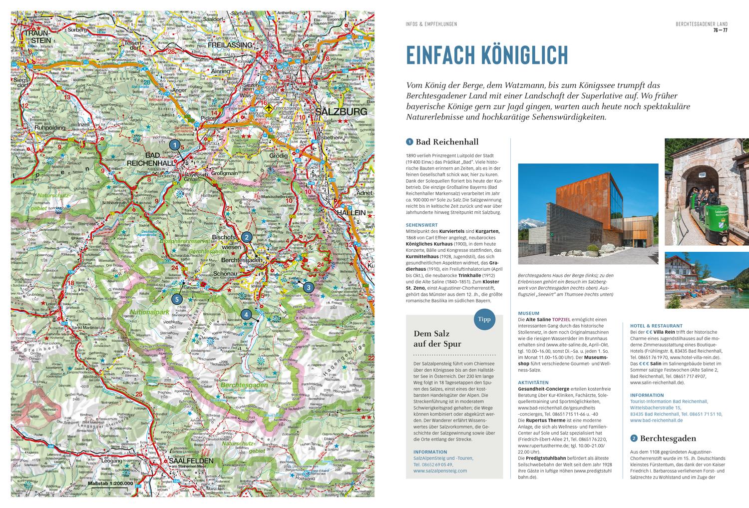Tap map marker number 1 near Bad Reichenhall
174,144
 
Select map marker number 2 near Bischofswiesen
246,237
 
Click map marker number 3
309,288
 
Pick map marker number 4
246,315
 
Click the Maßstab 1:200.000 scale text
110,484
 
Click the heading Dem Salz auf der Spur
437,339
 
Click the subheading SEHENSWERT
421,225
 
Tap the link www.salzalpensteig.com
440,471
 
